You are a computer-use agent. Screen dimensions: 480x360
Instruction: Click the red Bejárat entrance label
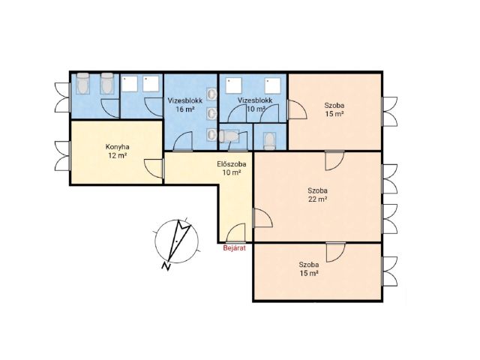point(235,248)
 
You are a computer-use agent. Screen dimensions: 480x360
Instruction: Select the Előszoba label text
point(232,164)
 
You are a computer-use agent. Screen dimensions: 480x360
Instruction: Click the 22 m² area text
point(318,199)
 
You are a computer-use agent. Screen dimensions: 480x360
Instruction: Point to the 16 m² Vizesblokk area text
point(185,109)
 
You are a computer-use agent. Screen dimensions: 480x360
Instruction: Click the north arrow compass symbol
point(177,241)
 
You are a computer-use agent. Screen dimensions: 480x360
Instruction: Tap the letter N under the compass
point(166,267)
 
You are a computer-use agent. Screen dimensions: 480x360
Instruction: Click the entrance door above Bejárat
point(235,232)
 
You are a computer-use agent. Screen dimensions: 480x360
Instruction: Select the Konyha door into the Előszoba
point(154,168)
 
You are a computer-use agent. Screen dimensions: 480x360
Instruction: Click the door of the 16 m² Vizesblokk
point(183,142)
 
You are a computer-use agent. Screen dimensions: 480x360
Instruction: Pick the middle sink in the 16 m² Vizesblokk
point(211,113)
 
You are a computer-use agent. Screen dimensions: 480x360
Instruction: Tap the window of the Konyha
point(63,156)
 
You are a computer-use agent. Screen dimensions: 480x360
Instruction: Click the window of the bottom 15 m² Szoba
point(389,271)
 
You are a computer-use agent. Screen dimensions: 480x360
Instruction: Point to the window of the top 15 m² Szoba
point(389,112)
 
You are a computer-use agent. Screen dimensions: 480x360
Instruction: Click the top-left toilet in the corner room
point(82,82)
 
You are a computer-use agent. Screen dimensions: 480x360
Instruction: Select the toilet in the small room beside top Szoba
point(270,142)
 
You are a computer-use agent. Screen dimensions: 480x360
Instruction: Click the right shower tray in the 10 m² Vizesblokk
point(272,85)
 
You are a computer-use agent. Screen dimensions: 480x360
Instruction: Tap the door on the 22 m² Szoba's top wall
point(334,160)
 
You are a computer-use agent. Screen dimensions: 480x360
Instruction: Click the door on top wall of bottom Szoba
point(336,252)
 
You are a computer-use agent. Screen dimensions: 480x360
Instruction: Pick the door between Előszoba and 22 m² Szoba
point(262,217)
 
